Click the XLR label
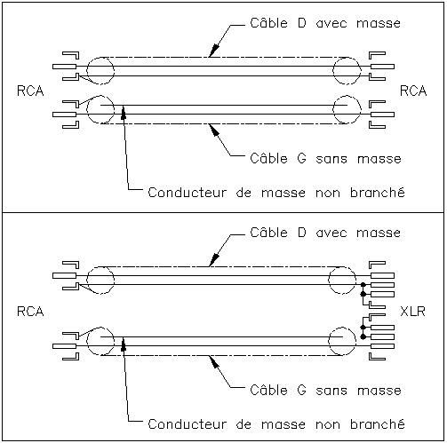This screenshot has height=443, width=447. (x=412, y=312)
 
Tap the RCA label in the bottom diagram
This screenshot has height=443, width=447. (x=30, y=312)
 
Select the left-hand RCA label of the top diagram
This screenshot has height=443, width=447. (x=30, y=91)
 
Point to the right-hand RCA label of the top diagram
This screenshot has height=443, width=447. (x=413, y=91)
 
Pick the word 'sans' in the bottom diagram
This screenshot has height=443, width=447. (x=331, y=391)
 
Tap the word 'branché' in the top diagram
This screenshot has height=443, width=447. (x=378, y=193)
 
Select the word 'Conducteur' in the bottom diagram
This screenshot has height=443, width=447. (x=187, y=424)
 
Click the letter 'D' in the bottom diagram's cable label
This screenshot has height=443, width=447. (x=301, y=233)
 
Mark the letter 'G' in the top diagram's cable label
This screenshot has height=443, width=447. (x=301, y=159)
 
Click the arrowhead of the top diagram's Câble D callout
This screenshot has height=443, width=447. (x=214, y=50)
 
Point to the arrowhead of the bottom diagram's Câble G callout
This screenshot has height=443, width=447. (x=214, y=362)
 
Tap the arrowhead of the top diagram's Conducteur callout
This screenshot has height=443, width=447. (x=124, y=113)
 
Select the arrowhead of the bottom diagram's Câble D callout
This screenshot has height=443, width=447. (x=214, y=259)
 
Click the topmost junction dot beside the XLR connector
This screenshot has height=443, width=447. (x=363, y=285)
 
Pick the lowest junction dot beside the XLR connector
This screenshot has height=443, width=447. (x=363, y=336)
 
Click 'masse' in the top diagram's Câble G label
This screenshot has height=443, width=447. (x=379, y=159)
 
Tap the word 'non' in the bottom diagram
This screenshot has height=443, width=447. (x=328, y=425)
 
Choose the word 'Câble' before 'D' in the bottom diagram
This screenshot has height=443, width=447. (x=268, y=232)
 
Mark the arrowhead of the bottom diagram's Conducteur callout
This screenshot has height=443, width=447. (x=124, y=344)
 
